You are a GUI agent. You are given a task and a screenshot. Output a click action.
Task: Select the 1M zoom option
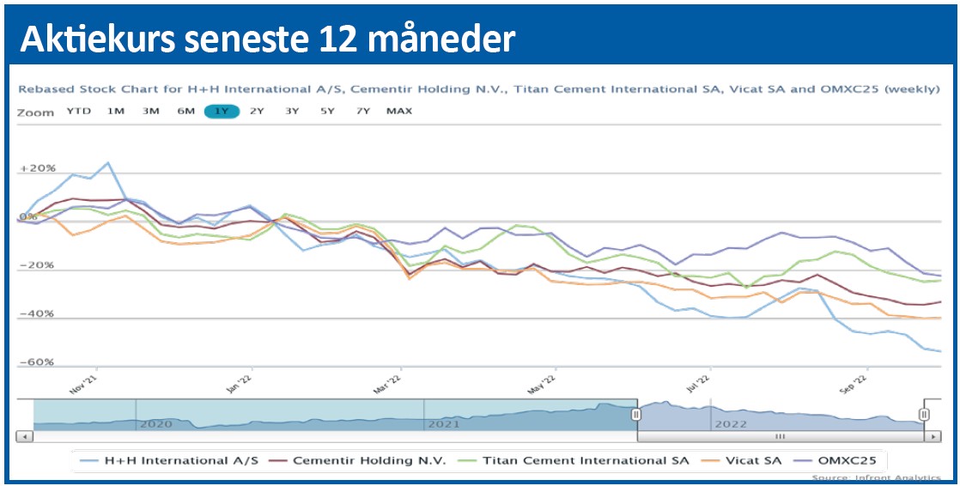pyautogui.click(x=116, y=112)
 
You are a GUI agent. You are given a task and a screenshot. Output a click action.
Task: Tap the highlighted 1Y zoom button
pyautogui.click(x=222, y=112)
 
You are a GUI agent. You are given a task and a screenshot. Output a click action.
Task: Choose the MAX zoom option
pyautogui.click(x=399, y=112)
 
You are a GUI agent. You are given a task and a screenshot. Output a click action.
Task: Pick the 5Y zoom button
pyautogui.click(x=327, y=112)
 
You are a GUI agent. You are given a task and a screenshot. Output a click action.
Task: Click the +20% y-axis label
pyautogui.click(x=37, y=168)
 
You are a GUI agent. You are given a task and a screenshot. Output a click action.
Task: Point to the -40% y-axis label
pyautogui.click(x=37, y=313)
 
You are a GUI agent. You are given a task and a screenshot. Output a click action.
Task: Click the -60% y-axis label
pyautogui.click(x=37, y=362)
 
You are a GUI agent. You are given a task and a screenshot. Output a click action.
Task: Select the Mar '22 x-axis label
pyautogui.click(x=389, y=383)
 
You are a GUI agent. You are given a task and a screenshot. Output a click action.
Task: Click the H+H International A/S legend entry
pyautogui.click(x=177, y=460)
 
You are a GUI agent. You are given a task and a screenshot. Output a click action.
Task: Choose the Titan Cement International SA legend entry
pyautogui.click(x=574, y=460)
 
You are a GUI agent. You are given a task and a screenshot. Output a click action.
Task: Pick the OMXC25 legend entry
pyautogui.click(x=836, y=460)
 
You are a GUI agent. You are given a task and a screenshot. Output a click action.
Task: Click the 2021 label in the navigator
pyautogui.click(x=443, y=423)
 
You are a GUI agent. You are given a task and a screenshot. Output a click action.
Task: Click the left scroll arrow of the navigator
pyautogui.click(x=25, y=436)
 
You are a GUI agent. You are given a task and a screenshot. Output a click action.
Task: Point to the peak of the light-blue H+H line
pyautogui.click(x=107, y=162)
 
